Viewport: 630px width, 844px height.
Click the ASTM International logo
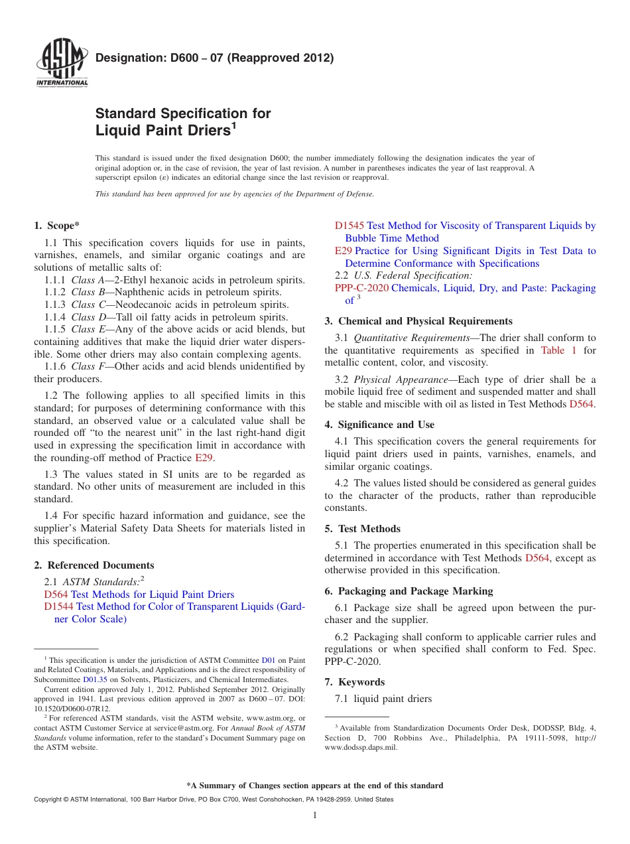tap(62, 64)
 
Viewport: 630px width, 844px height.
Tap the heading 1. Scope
tap(57, 226)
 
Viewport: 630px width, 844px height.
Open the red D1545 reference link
tap(349, 226)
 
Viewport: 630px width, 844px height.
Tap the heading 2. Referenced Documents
tap(94, 565)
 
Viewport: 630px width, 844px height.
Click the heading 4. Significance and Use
tap(379, 425)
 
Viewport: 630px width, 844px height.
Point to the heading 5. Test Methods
tap(362, 529)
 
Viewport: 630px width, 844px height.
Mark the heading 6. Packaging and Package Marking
tap(409, 591)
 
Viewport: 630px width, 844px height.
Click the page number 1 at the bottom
tap(315, 815)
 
